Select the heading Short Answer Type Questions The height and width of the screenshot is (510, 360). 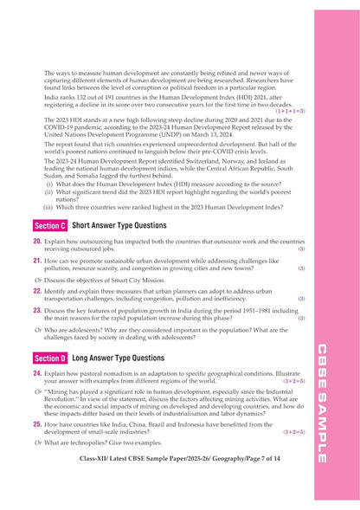pyautogui.click(x=119, y=225)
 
